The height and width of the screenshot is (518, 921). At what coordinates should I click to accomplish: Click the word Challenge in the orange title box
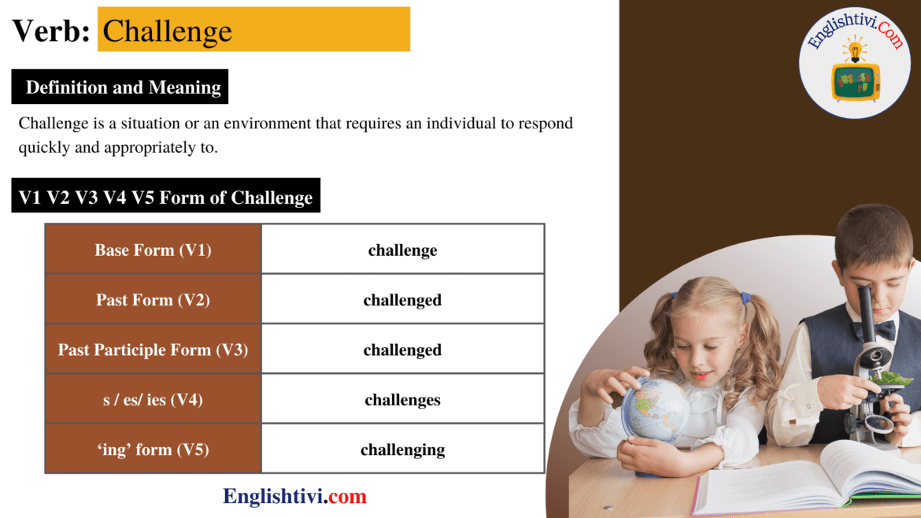[x=167, y=31]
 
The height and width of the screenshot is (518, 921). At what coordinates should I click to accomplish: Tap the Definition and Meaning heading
[x=123, y=87]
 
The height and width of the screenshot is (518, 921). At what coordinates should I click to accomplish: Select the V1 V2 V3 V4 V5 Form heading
[x=165, y=197]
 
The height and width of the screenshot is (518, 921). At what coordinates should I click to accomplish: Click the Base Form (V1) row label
[x=153, y=250]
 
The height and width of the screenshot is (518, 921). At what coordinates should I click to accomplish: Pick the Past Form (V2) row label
[x=153, y=300]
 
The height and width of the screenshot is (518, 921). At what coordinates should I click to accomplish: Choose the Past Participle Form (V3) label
[x=153, y=350]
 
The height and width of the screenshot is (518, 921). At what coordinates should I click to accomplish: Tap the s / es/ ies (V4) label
[x=153, y=400]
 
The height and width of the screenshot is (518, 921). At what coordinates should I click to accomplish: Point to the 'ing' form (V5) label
[x=153, y=450]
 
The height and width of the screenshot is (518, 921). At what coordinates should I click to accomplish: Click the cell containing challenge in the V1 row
[x=402, y=250]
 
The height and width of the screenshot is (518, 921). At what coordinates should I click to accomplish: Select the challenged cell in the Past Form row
[x=402, y=300]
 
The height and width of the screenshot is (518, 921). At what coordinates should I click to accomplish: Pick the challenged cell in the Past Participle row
[x=402, y=350]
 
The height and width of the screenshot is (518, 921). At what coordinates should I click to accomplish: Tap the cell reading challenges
[x=402, y=400]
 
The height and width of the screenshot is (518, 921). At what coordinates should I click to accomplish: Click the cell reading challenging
[x=402, y=450]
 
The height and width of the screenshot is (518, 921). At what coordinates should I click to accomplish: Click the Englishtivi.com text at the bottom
[x=294, y=496]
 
